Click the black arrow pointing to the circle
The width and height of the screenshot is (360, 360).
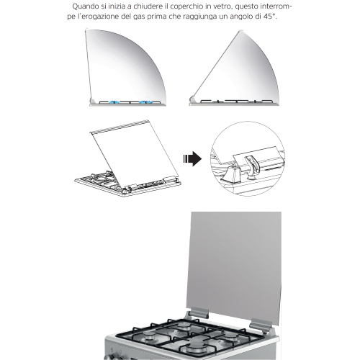click(x=191, y=159)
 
